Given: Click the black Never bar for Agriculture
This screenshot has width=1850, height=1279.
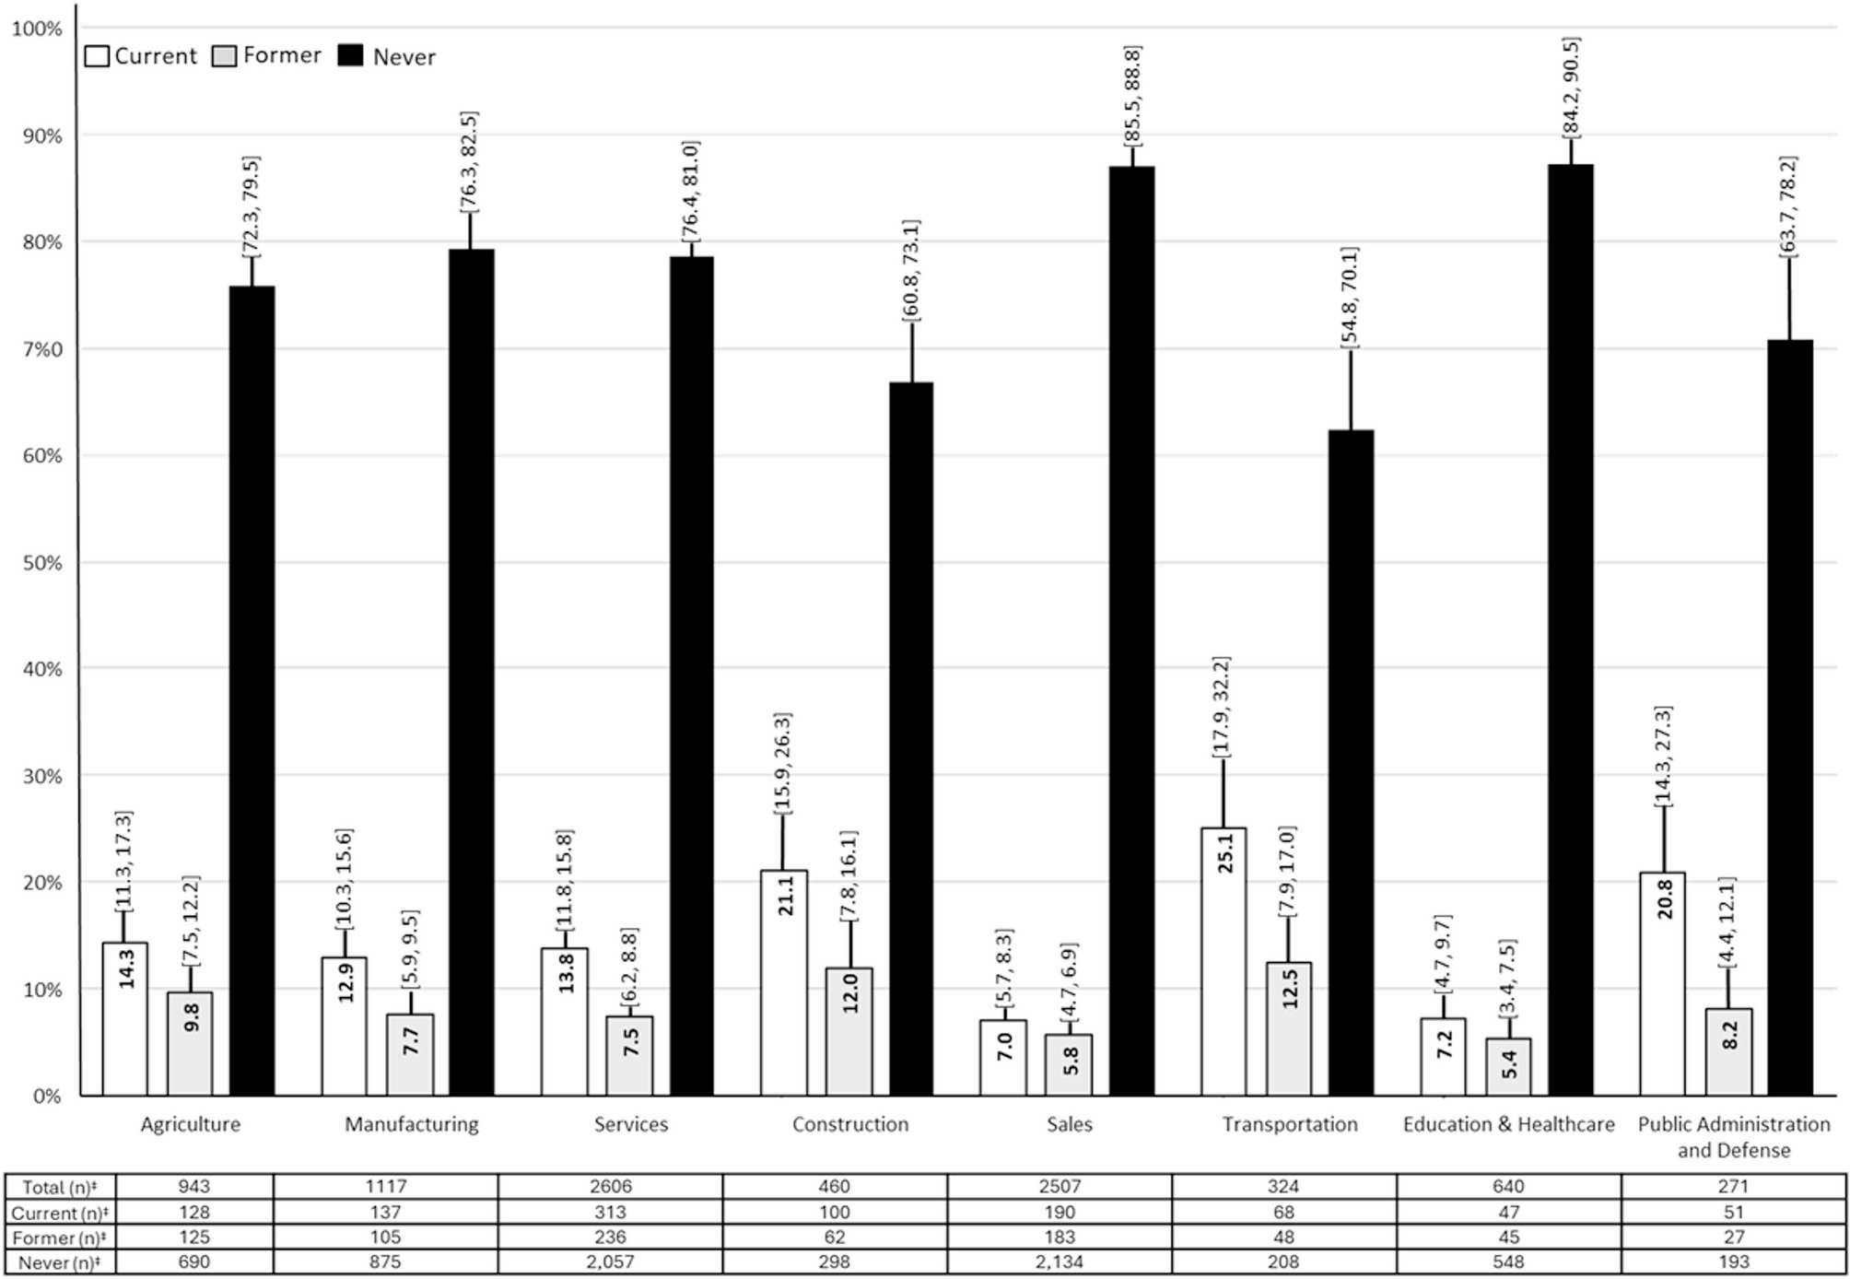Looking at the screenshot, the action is [x=252, y=691].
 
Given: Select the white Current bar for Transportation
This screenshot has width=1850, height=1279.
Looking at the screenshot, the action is [x=1224, y=961].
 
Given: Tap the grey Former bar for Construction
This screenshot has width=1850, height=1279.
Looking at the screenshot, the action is [x=849, y=1032].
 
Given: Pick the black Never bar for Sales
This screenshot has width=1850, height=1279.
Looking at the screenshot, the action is [x=1131, y=631].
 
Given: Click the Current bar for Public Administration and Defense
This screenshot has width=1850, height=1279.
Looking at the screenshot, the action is [x=1663, y=984].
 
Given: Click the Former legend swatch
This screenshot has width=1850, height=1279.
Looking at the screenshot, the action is [x=224, y=56].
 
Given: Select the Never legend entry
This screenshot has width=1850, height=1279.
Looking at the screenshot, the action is [x=387, y=56].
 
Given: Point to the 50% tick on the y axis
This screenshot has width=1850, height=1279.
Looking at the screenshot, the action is [x=42, y=563].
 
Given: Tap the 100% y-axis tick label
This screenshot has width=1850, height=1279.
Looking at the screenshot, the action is [x=37, y=29].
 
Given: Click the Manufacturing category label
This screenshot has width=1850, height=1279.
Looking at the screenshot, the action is [x=412, y=1124].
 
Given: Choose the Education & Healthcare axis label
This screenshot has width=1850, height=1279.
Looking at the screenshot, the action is [x=1508, y=1124].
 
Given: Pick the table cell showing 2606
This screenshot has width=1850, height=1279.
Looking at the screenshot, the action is [x=610, y=1187].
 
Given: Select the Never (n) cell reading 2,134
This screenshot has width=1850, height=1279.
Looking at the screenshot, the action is [x=1060, y=1262].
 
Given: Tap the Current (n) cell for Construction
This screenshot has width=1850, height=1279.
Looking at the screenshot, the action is [x=835, y=1212].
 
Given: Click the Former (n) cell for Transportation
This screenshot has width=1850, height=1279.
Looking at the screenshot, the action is [x=1283, y=1237].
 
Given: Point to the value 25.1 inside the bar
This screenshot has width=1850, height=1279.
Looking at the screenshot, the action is [x=1224, y=853].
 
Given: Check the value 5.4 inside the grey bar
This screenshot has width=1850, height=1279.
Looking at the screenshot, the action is [x=1508, y=1065].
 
